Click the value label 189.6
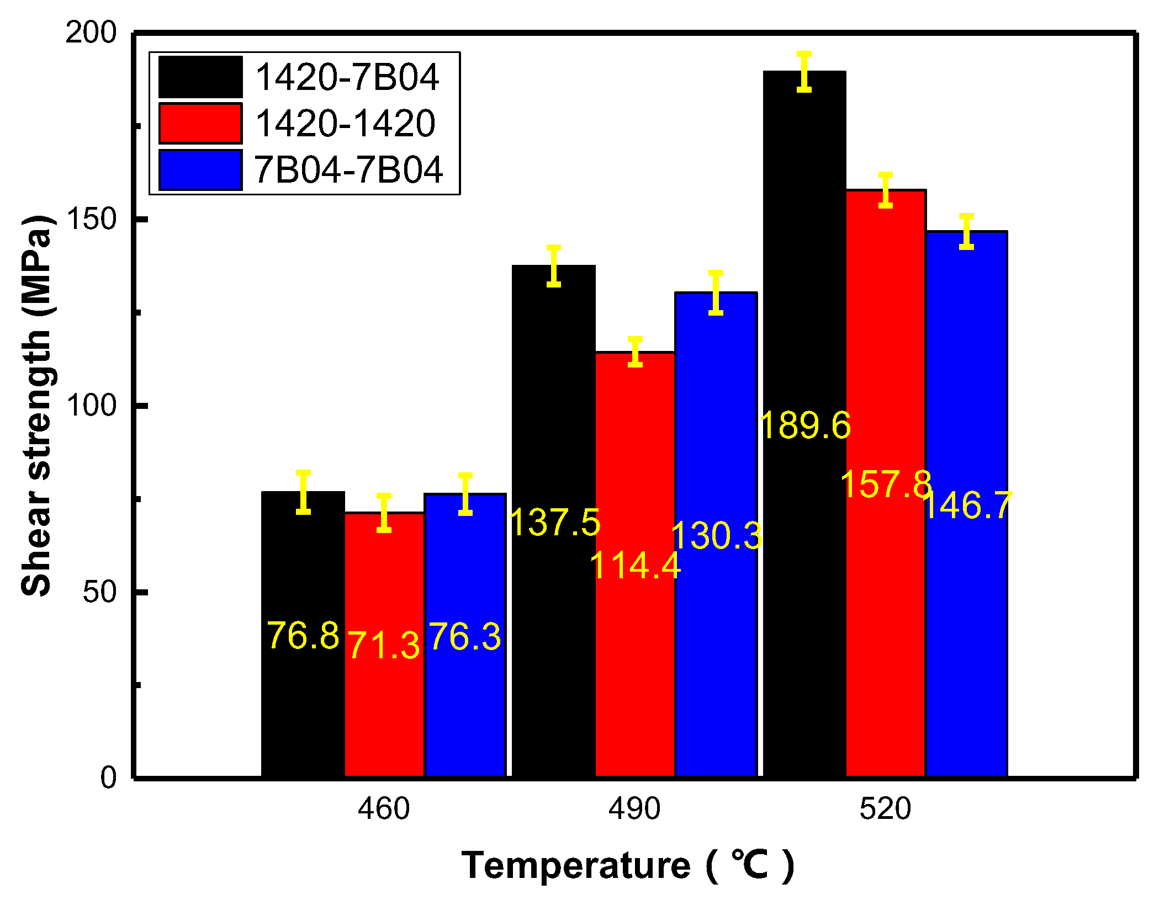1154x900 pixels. (x=805, y=426)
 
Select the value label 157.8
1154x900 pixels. (x=886, y=484)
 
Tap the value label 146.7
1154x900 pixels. (x=967, y=505)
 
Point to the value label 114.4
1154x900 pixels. (x=635, y=566)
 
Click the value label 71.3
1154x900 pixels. (x=384, y=646)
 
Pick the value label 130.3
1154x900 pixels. (x=716, y=536)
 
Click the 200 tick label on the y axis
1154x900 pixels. (x=91, y=33)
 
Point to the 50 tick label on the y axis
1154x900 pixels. (x=99, y=592)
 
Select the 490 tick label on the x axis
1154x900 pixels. (x=634, y=810)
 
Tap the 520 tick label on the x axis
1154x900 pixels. (x=885, y=810)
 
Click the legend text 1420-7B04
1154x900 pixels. (x=347, y=77)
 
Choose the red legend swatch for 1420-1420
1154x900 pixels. (x=200, y=123)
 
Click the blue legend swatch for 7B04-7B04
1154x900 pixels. (x=200, y=169)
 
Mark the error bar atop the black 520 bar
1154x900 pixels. (x=804, y=72)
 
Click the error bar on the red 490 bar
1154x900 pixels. (x=635, y=352)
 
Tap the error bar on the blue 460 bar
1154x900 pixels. (x=465, y=494)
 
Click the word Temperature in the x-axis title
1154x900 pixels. (x=576, y=865)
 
